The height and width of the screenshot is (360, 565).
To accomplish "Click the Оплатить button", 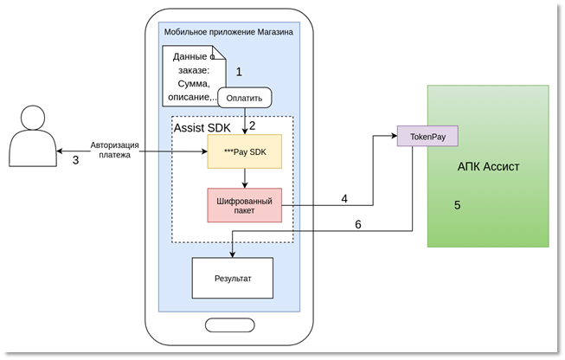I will point(245,97).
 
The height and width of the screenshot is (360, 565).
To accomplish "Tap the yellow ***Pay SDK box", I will point(244,151).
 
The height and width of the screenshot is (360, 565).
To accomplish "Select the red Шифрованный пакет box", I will point(244,204).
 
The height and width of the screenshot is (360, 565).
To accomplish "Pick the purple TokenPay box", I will point(427,136).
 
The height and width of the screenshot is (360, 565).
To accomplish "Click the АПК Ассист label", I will point(488,167).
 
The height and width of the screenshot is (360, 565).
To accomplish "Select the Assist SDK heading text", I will point(202,127).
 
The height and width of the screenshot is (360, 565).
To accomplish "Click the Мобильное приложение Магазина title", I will point(228,32).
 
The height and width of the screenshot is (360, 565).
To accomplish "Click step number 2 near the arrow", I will point(253,126).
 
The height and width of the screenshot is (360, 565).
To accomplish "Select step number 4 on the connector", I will point(343,198).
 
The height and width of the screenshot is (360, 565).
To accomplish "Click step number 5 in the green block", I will point(457,205).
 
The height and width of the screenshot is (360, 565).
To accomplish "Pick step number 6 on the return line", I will point(357,224).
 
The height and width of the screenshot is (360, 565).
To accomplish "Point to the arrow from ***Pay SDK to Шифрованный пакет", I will point(245,177).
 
